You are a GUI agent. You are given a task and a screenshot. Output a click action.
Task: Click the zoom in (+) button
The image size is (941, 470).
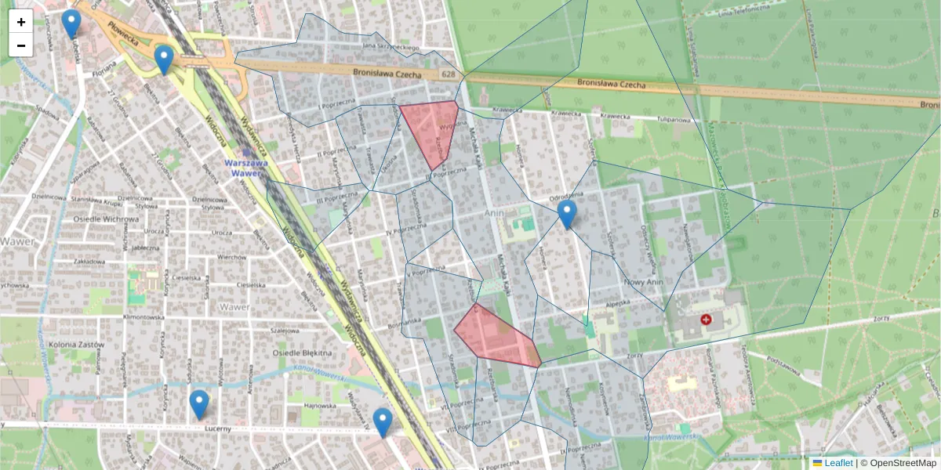21,22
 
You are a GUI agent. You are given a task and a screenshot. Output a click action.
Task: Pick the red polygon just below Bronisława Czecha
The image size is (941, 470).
431,129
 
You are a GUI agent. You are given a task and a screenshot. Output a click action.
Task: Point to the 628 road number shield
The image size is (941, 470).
448,74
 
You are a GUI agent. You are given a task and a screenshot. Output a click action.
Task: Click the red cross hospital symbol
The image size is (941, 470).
707,320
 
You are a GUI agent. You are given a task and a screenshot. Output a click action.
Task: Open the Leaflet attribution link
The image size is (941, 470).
837,463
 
